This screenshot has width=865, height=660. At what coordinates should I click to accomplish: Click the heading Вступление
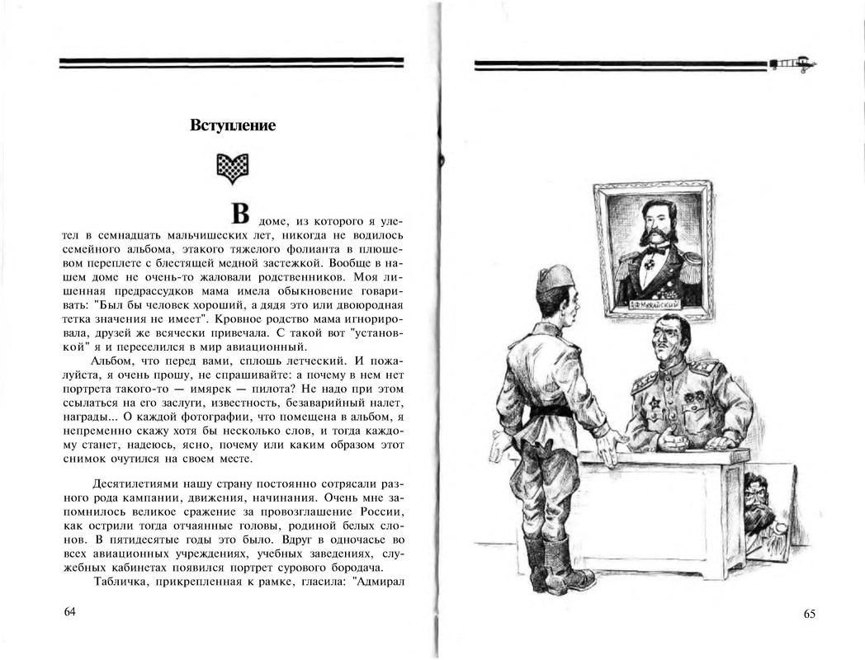coord(233,125)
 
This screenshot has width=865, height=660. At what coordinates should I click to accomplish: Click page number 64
coord(69,612)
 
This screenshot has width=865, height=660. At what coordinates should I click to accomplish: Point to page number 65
coord(809,613)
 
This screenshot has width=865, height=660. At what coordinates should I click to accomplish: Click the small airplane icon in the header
coord(794,64)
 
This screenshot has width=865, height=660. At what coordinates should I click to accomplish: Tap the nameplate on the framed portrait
coord(654,304)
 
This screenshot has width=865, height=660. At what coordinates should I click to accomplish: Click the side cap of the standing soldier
coord(555,279)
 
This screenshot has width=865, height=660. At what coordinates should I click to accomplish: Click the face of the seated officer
coord(667,342)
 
